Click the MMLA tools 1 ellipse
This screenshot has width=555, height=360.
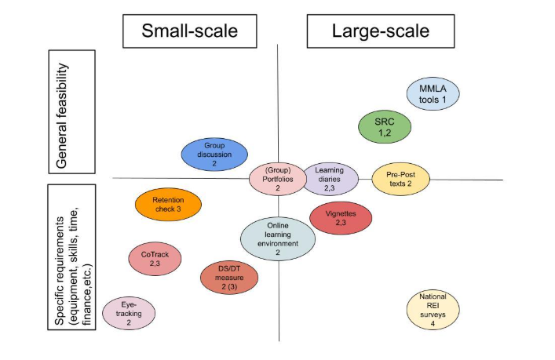(x=433, y=95)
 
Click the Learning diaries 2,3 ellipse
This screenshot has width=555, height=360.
(x=330, y=179)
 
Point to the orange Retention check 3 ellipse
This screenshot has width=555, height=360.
(x=167, y=204)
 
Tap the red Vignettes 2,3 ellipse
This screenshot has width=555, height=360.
(x=341, y=218)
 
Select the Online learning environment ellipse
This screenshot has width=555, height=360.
(x=277, y=238)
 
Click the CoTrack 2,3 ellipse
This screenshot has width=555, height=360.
(x=155, y=260)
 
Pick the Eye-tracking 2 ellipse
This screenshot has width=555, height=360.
(x=129, y=311)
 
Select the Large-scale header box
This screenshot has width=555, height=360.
(x=381, y=31)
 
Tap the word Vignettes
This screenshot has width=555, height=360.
(x=341, y=213)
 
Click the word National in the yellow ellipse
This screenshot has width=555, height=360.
(x=433, y=298)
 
